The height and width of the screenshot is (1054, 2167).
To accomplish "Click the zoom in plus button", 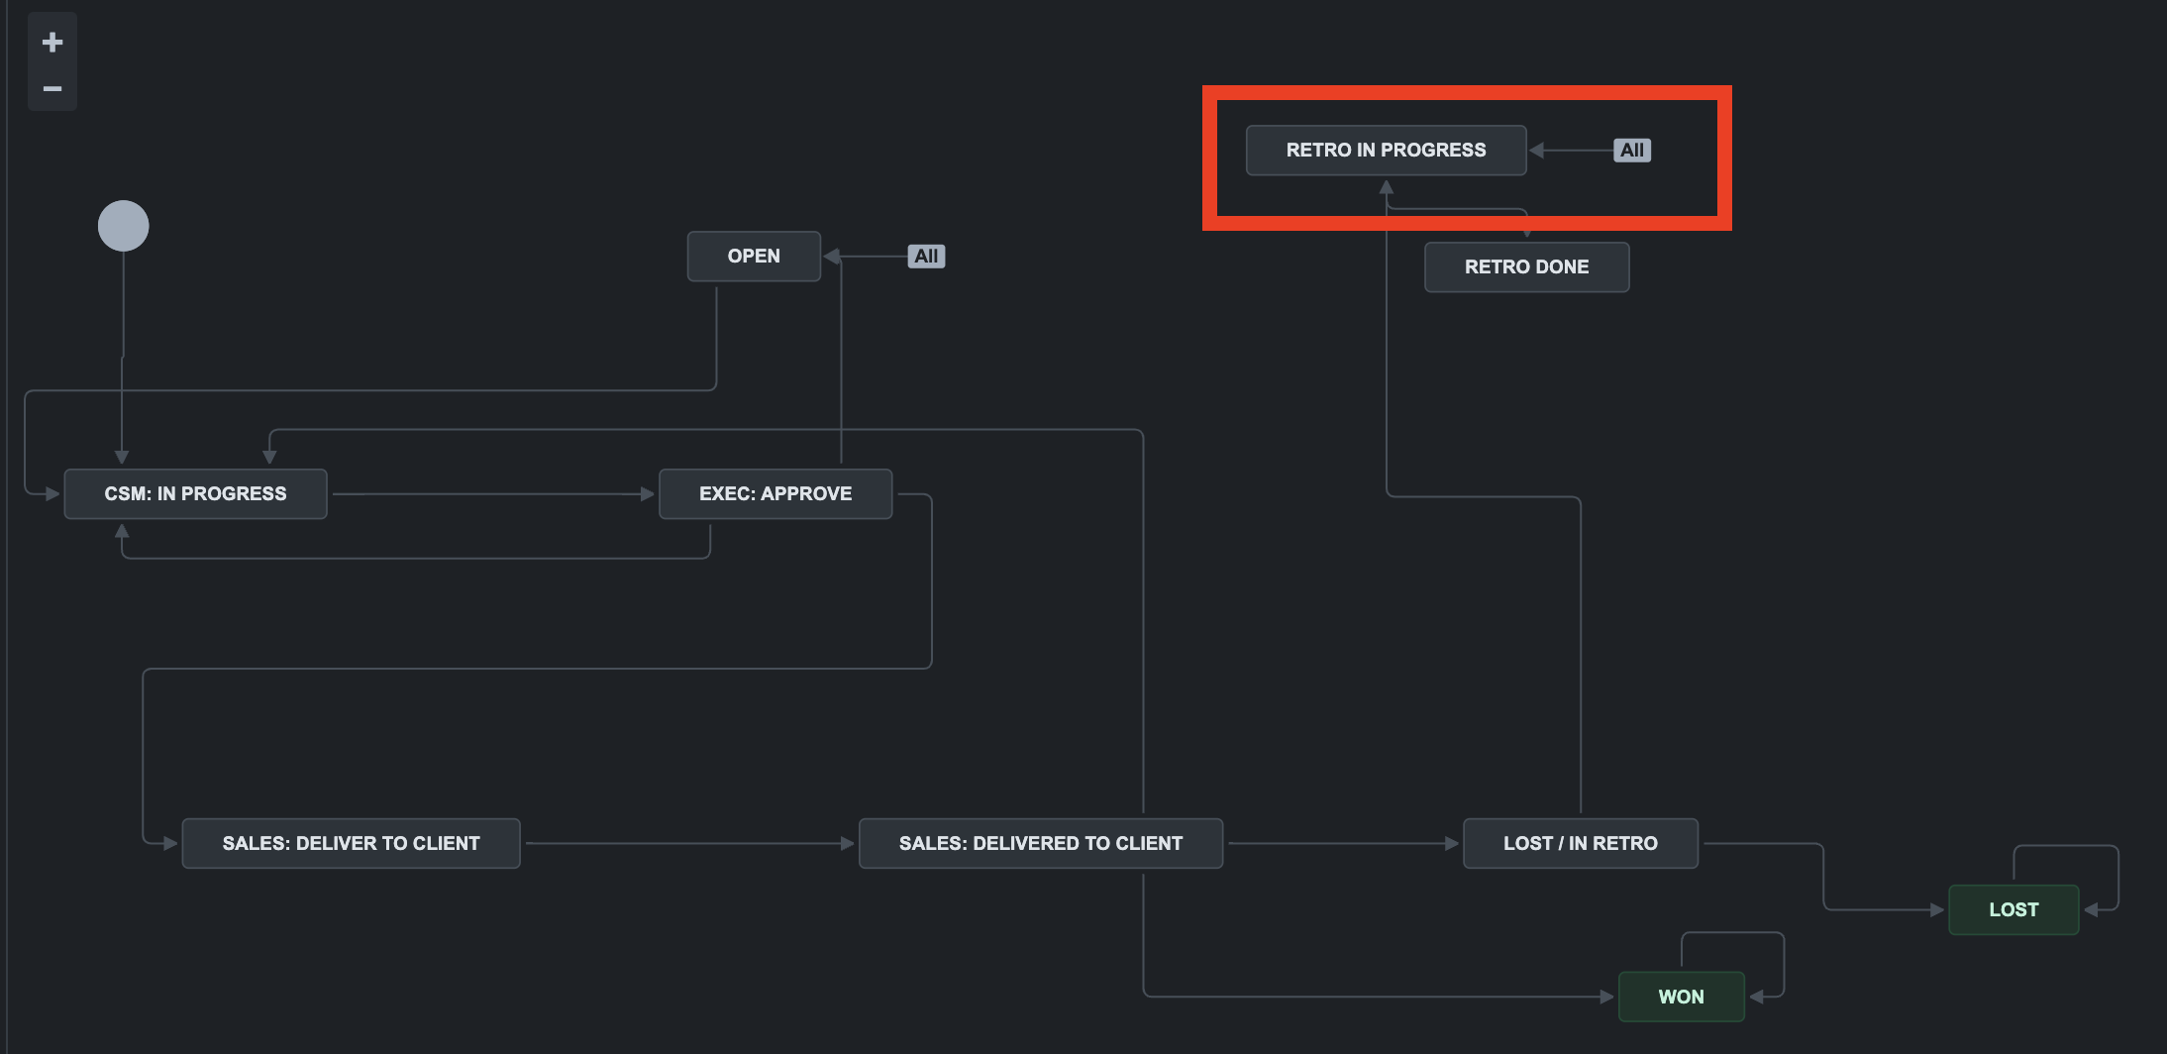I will point(52,42).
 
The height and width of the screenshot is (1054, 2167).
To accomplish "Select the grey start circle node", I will point(124,226).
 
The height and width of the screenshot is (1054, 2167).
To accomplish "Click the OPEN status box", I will point(754,257).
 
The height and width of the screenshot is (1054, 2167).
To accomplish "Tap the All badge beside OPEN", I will point(926,257).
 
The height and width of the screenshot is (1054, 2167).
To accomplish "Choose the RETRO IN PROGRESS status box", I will point(1386,151).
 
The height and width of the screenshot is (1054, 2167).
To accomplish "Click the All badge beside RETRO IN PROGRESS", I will point(1632,151).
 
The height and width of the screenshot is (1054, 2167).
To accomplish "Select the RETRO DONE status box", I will point(1526,267).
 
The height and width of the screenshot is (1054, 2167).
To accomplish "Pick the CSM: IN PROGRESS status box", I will point(195,494).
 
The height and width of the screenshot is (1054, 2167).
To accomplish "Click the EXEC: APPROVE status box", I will point(775,494).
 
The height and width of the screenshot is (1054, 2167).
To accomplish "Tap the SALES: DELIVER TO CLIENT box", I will point(351,844).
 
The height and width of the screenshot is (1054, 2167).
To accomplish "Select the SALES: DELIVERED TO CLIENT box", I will point(1040,844).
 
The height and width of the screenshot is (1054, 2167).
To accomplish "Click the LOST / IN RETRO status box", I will point(1580,844).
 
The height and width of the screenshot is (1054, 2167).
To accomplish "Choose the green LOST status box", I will point(2013,910).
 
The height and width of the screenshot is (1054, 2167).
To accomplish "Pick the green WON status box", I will point(1681,998).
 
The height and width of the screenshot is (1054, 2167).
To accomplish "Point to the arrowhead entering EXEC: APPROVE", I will point(649,494).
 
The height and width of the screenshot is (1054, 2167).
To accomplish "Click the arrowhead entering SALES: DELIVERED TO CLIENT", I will point(848,844).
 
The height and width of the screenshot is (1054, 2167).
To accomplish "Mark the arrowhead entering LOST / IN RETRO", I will point(1452,844).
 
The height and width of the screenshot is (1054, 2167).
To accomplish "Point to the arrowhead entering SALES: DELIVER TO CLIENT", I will point(171,844).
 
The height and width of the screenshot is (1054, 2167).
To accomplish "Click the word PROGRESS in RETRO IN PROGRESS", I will point(1433,151).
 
